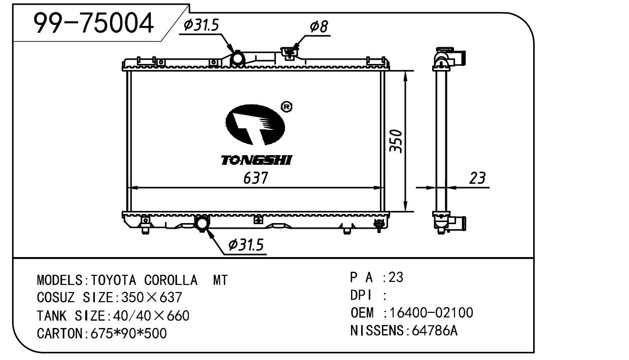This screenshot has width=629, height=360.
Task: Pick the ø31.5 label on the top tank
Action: point(201,25)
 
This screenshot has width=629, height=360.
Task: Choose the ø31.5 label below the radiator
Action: point(246,245)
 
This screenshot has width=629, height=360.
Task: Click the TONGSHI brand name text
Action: point(257,160)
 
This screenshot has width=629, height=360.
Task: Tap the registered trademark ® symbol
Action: point(286,107)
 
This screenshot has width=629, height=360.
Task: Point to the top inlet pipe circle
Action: point(238,60)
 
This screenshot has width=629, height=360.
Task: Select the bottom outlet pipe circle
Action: point(202,223)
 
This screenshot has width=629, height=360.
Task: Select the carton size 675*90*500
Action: point(128,334)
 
